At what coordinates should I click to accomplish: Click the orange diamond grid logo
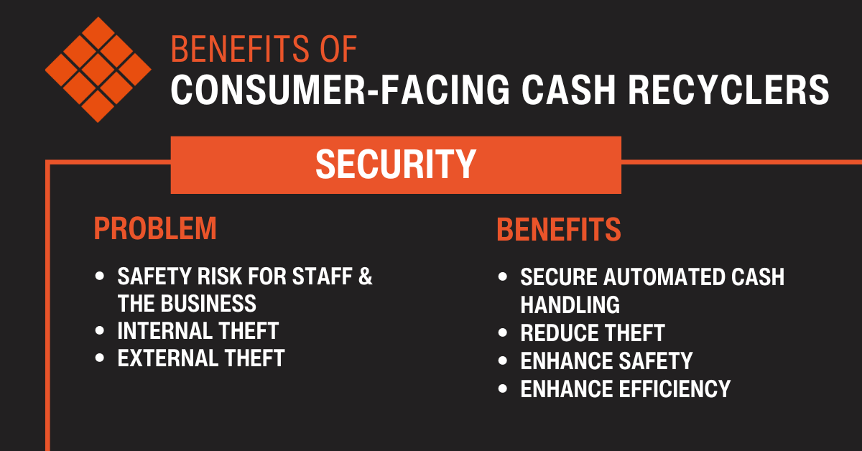[x=98, y=70]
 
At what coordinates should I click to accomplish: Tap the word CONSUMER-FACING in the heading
[x=340, y=90]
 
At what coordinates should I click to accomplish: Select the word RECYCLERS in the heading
[x=728, y=90]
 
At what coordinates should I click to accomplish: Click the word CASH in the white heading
[x=569, y=90]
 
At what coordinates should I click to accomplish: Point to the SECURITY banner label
[x=396, y=164]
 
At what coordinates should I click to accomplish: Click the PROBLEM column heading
[x=155, y=228]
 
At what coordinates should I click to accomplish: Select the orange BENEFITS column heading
[x=559, y=229]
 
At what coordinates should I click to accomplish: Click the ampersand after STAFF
[x=365, y=276]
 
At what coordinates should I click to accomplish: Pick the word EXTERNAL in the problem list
[x=168, y=358]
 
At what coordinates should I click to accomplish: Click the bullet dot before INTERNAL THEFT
[x=100, y=330]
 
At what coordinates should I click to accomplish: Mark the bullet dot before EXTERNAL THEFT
[x=100, y=358]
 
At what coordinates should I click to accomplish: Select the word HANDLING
[x=570, y=304]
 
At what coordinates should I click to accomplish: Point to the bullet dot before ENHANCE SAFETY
[x=503, y=361]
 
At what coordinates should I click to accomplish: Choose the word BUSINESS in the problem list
[x=208, y=304]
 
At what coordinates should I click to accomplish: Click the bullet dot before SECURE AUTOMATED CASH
[x=503, y=276]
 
